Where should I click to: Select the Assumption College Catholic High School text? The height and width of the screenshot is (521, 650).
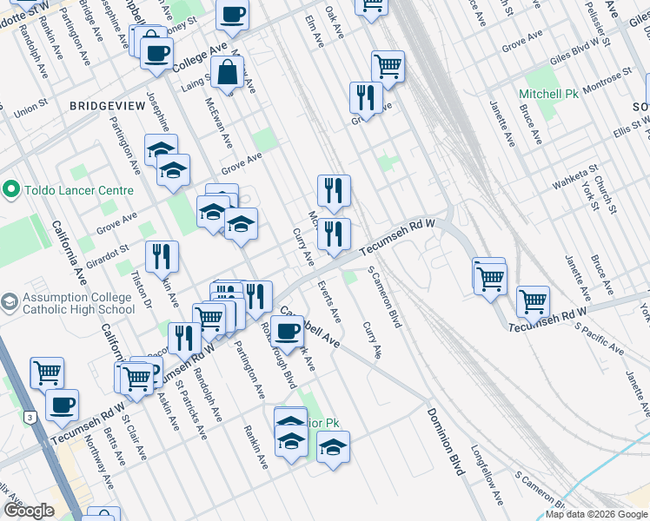click(79, 303)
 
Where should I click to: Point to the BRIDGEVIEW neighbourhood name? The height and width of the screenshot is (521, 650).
click(108, 104)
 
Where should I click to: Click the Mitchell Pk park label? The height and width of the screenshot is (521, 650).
click(548, 93)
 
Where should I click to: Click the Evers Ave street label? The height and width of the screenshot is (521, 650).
click(329, 300)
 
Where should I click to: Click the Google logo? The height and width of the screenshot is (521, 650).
click(29, 511)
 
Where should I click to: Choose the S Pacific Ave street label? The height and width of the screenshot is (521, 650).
click(599, 338)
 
